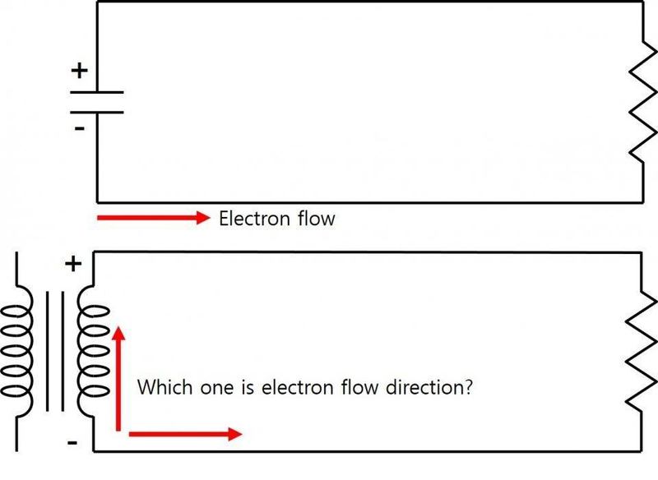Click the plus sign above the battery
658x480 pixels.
[79, 72]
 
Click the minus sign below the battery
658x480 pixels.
[79, 129]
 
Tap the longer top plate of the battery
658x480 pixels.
[97, 93]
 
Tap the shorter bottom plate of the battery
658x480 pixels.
[97, 112]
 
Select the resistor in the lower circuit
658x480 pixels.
[640, 353]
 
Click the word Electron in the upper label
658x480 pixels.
[255, 219]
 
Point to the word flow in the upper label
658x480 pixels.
[317, 219]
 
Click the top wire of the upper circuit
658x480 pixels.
[370, 2]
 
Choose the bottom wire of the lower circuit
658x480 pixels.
[370, 450]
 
